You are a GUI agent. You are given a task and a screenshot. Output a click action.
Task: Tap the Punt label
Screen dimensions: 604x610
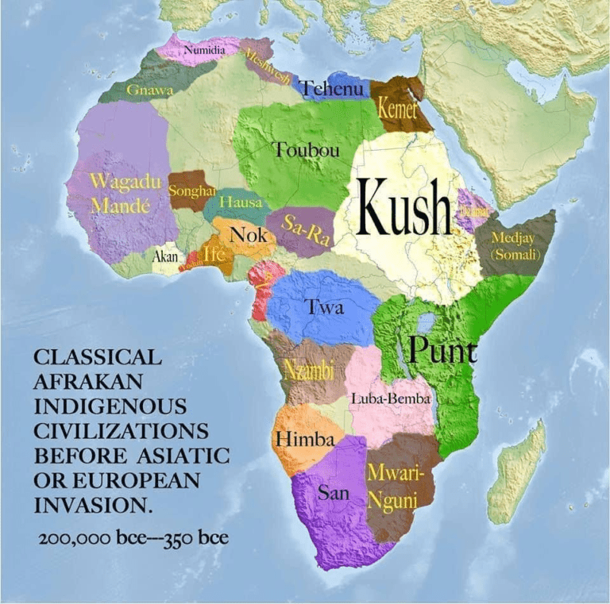(x=442, y=350)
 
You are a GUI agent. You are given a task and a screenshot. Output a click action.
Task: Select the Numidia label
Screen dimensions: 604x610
(x=205, y=51)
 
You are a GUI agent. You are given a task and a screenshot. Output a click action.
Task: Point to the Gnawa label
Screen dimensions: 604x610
(x=150, y=90)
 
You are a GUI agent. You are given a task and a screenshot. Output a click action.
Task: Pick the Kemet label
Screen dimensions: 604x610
(x=396, y=110)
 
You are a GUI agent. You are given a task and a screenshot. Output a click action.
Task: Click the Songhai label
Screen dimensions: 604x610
(x=192, y=191)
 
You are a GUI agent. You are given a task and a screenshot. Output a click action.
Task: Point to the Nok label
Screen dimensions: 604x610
(x=248, y=234)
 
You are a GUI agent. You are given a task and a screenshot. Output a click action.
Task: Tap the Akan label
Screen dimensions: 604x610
(x=165, y=257)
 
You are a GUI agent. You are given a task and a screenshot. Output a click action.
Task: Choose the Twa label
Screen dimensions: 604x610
(x=326, y=307)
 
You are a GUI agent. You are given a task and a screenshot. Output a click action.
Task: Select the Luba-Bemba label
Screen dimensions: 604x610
(x=390, y=399)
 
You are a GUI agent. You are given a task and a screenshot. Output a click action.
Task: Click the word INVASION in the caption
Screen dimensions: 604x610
(x=94, y=505)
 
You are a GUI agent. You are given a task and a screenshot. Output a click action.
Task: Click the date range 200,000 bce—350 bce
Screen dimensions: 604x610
(x=133, y=539)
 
